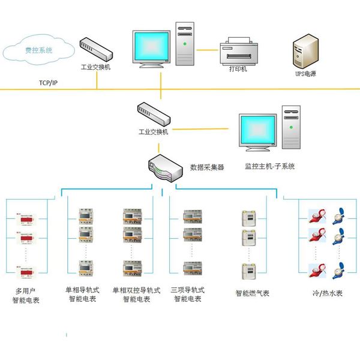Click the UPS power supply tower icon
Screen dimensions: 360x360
305,49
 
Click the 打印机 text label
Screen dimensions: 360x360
239,70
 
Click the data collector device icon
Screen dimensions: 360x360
164,167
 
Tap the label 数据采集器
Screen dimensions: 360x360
207,167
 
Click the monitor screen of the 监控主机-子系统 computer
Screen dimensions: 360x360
258,130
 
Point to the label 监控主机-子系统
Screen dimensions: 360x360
269,166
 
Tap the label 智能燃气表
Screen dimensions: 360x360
253,293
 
